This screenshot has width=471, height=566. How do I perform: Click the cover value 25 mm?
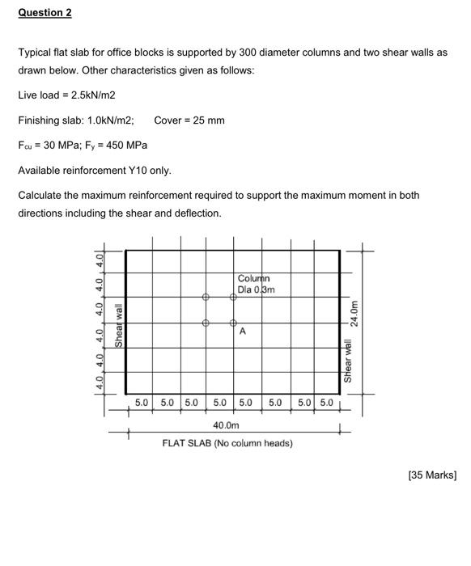pos(207,120)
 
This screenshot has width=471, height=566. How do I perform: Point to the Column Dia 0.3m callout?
pos(257,284)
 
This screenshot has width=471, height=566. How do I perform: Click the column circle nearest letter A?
pos(233,323)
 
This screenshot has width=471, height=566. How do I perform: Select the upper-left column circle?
pos(206,298)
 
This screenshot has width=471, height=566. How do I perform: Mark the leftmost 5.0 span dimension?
pos(140,400)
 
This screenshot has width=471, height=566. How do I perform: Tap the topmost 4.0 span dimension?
pos(100,262)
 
